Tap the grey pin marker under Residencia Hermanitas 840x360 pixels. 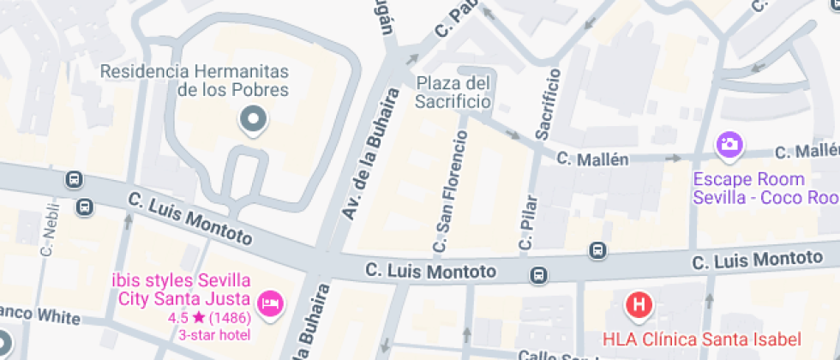pos(253,121)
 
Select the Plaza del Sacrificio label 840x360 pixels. pos(453,93)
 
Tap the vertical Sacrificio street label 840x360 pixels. pos(548,105)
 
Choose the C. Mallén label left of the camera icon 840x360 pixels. pos(592,159)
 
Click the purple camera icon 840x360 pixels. pos(729,144)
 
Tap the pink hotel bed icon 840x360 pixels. pos(271,303)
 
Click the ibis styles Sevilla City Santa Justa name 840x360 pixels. pos(181,290)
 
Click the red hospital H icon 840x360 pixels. pos(639,303)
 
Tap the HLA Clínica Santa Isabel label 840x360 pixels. pos(701,339)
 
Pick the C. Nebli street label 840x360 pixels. pos(48,230)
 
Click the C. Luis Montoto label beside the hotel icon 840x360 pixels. pos(430,271)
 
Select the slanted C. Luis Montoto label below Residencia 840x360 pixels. pos(190,217)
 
